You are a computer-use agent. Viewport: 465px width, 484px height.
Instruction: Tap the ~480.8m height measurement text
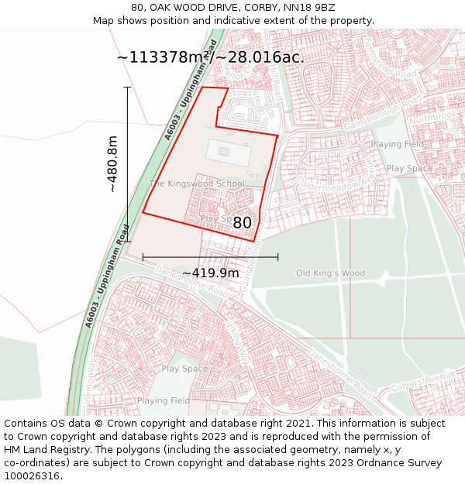112,164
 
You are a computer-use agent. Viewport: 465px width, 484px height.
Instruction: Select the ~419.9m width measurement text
211,273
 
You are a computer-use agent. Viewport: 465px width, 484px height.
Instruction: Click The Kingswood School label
196,184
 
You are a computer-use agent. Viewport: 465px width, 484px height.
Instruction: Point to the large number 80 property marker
243,222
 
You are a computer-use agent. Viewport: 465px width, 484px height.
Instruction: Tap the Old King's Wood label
330,273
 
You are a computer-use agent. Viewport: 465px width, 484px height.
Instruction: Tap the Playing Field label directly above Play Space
397,145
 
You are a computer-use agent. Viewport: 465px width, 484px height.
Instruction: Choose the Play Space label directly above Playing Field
184,369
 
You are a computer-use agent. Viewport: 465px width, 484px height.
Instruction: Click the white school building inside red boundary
228,152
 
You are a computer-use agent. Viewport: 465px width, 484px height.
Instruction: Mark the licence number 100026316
32,476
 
